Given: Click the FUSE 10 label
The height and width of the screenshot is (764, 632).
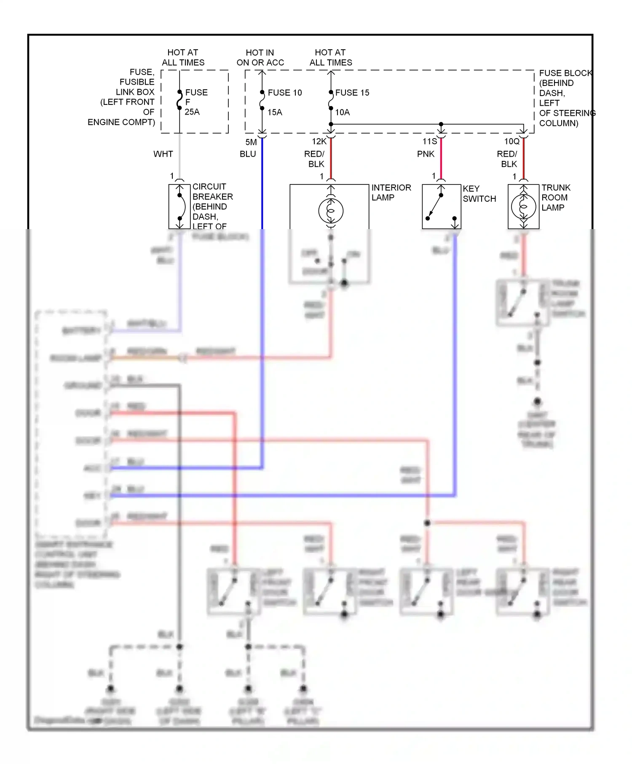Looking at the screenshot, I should click(x=285, y=93).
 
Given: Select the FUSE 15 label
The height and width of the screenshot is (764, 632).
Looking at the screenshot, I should click(x=352, y=93).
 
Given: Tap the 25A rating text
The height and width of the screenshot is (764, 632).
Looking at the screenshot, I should click(x=192, y=112).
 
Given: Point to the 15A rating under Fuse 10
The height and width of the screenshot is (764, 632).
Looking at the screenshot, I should click(x=275, y=112).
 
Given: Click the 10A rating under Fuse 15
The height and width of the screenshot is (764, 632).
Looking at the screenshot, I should click(x=343, y=112).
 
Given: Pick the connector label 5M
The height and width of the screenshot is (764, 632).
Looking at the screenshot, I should click(x=251, y=142).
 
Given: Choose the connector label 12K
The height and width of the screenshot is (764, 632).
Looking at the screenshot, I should click(x=319, y=142).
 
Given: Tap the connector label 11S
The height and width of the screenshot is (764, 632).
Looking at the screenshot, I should click(x=430, y=142).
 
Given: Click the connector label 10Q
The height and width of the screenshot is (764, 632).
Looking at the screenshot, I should click(x=512, y=142).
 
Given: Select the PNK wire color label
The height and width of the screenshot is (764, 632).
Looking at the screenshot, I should click(x=426, y=154).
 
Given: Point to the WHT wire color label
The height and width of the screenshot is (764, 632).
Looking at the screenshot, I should click(x=163, y=154).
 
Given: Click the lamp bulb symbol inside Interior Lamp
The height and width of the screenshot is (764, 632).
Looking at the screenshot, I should click(x=331, y=211).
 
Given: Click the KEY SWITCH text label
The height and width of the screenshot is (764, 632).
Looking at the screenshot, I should click(x=479, y=194).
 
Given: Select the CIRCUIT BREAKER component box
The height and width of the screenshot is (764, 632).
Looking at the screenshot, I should click(x=179, y=206).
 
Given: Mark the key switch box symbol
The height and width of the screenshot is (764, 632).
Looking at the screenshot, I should click(x=441, y=206).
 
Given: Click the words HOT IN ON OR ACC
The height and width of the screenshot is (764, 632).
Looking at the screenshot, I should click(x=260, y=58).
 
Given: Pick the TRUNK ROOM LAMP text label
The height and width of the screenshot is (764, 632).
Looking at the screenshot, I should click(x=555, y=198).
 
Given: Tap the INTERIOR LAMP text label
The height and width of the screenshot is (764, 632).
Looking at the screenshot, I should click(x=391, y=192).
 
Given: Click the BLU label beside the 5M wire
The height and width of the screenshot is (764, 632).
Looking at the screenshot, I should click(x=248, y=154).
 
